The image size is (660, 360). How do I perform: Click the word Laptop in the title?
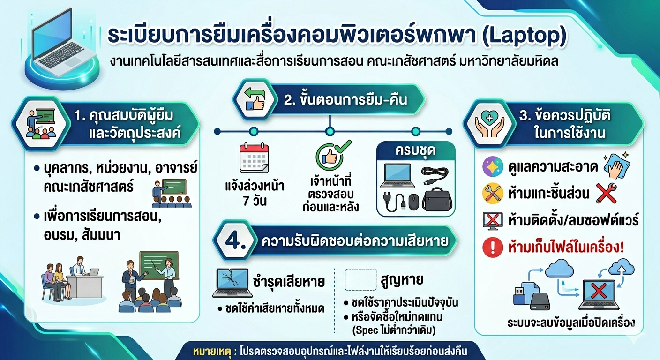pos(524,36)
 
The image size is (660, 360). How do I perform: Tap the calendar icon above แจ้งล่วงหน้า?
pos(254,157)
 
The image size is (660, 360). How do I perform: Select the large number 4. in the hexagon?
pos(235,240)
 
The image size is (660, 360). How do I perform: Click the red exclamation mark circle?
pos(492,247)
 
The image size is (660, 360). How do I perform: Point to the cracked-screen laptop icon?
pos(232,283)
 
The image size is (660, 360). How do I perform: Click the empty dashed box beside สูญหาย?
pos(360,279)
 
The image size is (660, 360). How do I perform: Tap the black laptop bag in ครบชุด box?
pos(437,199)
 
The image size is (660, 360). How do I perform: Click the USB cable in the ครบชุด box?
pos(435,175)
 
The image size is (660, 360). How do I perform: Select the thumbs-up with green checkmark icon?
pos(332,156)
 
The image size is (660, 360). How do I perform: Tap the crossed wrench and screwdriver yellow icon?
pos(492,194)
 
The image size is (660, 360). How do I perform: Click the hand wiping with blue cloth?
pos(616,165)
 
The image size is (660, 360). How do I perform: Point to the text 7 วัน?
pos(255,201)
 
